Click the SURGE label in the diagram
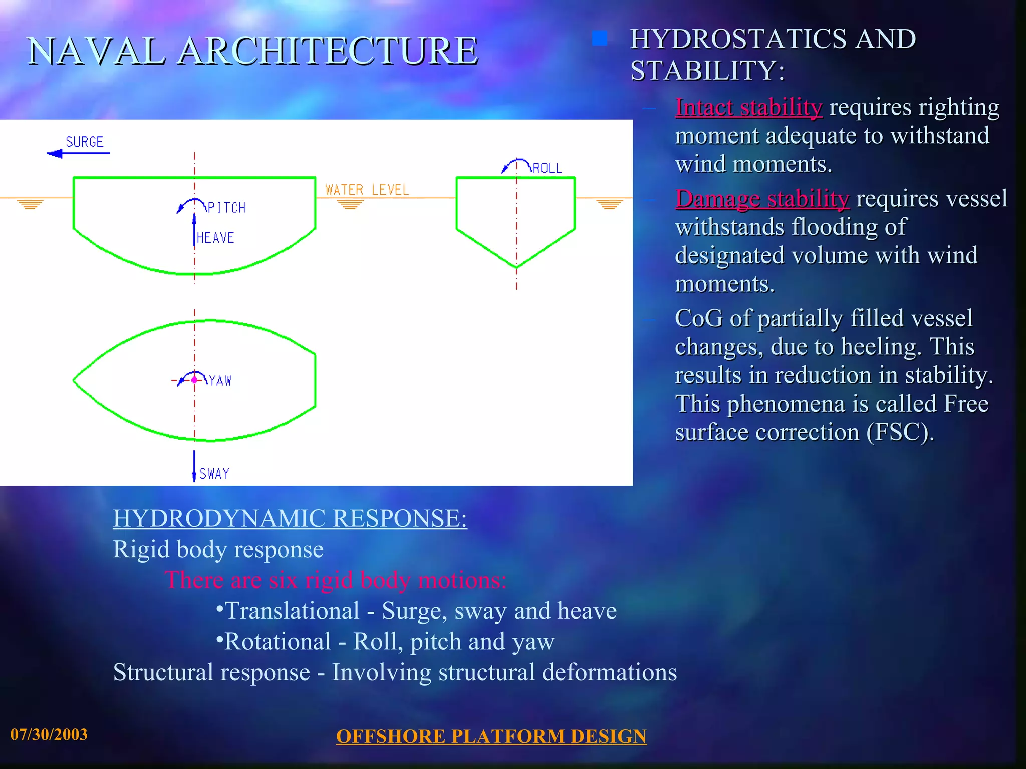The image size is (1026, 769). [x=84, y=142]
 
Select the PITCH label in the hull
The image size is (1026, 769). [x=226, y=208]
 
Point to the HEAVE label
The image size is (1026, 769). [x=215, y=238]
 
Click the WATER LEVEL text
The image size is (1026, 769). [x=367, y=190]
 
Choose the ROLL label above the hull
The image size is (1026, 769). [x=547, y=168]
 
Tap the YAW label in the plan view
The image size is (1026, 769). [x=220, y=381]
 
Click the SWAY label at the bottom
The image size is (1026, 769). [x=214, y=474]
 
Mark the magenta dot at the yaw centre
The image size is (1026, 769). [x=194, y=380]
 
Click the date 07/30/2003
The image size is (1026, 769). [x=49, y=734]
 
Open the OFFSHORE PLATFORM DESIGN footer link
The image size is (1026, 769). [x=491, y=736]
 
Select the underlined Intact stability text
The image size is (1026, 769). [x=748, y=107]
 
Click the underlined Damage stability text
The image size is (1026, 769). [x=762, y=199]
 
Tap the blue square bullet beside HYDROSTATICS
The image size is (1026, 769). [x=599, y=39]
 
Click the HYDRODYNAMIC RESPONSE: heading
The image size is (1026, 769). [x=290, y=518]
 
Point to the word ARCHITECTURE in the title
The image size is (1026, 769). [x=328, y=51]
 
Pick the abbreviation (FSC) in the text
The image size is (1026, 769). [x=900, y=432]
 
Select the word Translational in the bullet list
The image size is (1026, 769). [x=292, y=611]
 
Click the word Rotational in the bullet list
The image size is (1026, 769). [x=278, y=642]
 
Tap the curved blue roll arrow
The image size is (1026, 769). [x=516, y=164]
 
